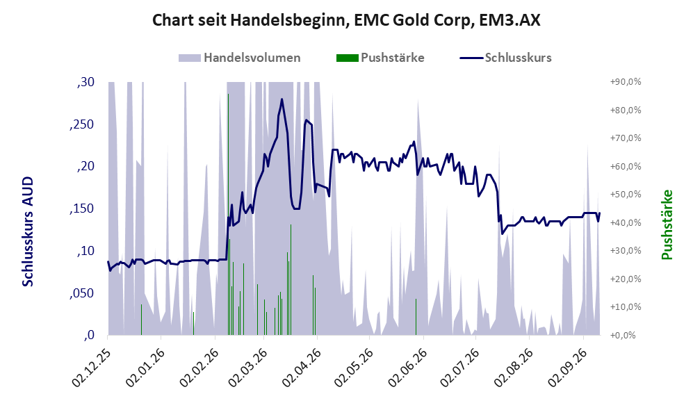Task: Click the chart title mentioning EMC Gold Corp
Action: (x=346, y=20)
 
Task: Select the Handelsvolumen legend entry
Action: (x=240, y=58)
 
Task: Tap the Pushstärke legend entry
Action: (x=380, y=58)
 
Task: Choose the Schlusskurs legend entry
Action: (x=505, y=58)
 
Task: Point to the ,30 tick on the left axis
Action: (x=85, y=82)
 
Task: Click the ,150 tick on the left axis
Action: (x=82, y=208)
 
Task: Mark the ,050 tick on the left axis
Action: (x=82, y=293)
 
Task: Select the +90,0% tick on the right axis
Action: (x=626, y=82)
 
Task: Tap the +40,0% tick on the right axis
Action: (x=626, y=222)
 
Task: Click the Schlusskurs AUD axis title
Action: (x=28, y=231)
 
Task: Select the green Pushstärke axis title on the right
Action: (x=667, y=225)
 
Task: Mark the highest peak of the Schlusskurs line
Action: (x=282, y=99)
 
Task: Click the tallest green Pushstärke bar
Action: (x=228, y=214)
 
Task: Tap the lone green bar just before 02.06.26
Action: (x=416, y=317)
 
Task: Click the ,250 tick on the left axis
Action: (x=82, y=124)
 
